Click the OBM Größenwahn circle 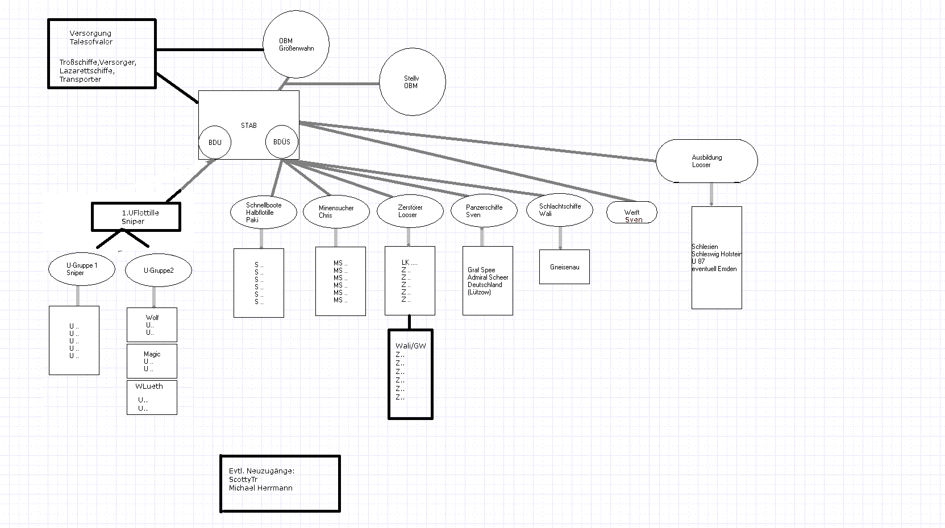coord(296,44)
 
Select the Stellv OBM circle coord(412,82)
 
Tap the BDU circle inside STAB coord(215,142)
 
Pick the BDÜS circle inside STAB coord(282,142)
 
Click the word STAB coord(248,126)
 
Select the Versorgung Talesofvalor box coord(102,54)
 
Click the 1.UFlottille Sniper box coord(136,217)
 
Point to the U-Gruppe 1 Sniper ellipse coord(81,269)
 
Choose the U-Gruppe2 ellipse coord(158,271)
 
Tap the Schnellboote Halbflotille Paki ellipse coord(264,213)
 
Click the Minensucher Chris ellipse coord(336,212)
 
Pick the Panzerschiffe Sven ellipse coord(484,211)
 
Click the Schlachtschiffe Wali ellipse coord(559,210)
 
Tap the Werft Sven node coord(632,213)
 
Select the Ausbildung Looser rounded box coord(706,161)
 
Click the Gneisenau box coord(564,267)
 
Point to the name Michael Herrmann coord(260,488)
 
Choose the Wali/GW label coord(410,346)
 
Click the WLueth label coord(149,386)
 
